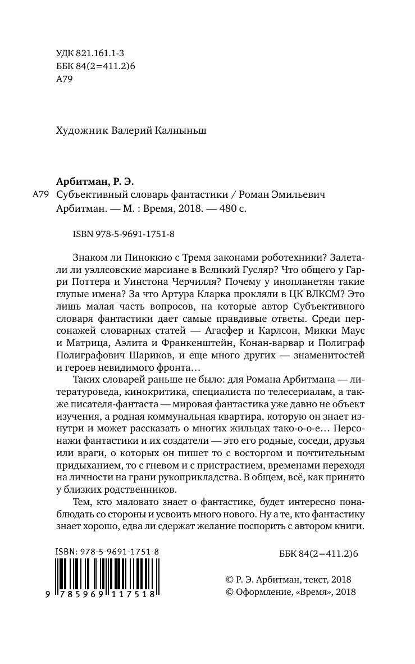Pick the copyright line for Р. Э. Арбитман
287,579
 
